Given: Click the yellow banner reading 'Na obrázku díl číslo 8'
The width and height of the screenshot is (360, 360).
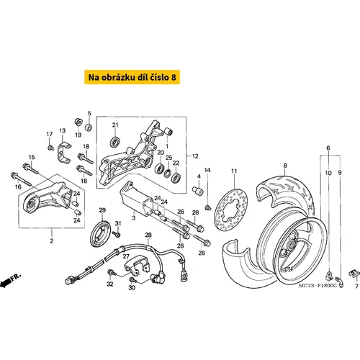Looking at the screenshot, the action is (132, 77).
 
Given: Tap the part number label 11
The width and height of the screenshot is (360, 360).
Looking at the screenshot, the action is (234, 171).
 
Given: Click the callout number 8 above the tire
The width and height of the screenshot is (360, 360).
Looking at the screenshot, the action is (285, 166).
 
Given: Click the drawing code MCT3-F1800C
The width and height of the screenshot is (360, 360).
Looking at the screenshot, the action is (318, 286).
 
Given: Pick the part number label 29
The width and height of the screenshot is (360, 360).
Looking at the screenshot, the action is (102, 210).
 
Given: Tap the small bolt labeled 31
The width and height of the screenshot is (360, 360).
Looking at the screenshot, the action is (117, 234).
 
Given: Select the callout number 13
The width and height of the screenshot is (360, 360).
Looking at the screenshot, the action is (63, 131).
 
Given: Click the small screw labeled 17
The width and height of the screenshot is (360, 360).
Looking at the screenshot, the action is (50, 147).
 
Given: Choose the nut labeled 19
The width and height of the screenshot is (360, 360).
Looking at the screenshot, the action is (78, 122).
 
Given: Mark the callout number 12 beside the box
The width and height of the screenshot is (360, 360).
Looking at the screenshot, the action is (195, 156).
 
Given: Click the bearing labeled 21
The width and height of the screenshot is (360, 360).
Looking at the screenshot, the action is (115, 142).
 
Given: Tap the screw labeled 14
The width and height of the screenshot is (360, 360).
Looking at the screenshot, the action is (208, 207).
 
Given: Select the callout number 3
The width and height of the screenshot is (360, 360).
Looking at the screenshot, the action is (134, 218).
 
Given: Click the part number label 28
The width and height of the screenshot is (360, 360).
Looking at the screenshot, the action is (148, 235).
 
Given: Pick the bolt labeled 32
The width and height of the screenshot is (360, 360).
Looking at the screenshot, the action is (112, 273).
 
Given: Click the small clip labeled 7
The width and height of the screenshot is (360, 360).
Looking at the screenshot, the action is (354, 274).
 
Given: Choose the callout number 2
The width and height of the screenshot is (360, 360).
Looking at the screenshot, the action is (52, 240).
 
